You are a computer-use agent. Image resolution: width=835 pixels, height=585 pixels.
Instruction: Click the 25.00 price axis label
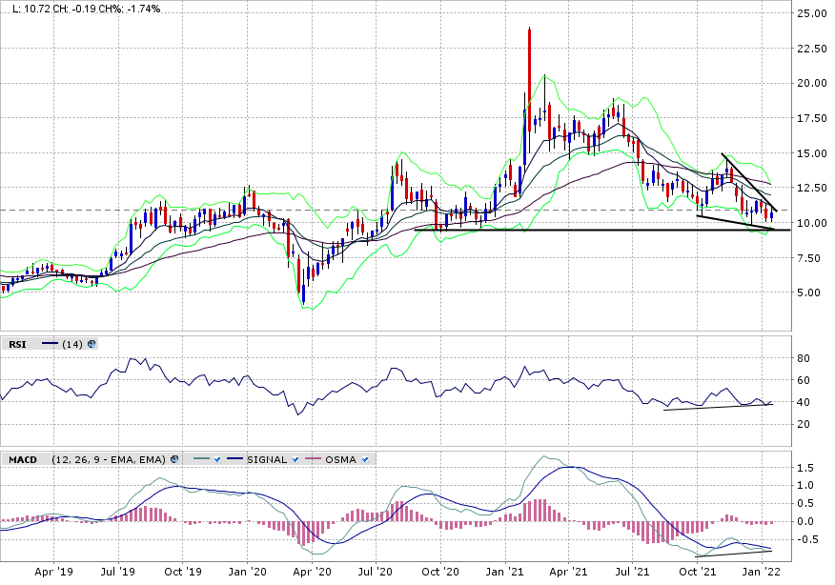point(812,13)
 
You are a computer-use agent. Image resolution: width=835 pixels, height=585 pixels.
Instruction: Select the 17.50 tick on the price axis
point(812,118)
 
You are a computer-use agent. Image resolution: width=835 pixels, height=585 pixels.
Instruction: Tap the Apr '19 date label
point(54,574)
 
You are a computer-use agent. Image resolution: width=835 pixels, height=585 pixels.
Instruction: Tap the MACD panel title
point(23,459)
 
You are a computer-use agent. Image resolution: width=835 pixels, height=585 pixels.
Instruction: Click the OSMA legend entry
point(340,459)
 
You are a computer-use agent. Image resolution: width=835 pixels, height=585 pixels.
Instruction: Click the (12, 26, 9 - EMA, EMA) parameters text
point(108,459)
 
